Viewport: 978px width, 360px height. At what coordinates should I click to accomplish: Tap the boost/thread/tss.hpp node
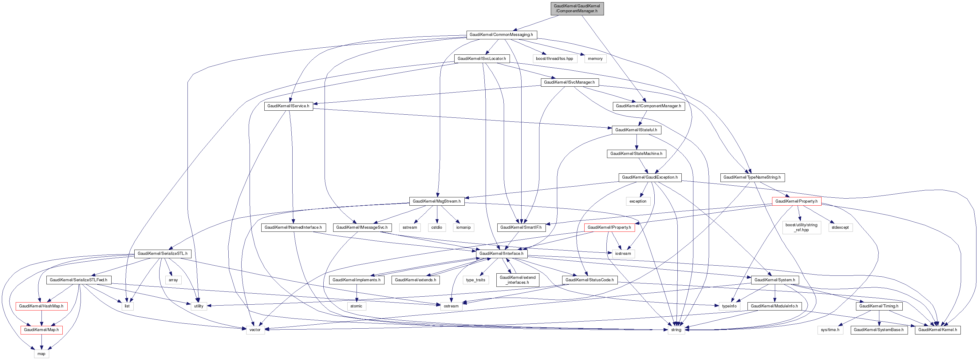tap(554, 58)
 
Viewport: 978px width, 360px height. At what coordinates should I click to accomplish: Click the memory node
tap(595, 58)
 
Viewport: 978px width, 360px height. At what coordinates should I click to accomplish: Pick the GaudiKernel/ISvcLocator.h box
tap(481, 58)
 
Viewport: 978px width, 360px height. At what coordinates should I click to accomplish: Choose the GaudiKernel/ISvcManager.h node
tap(569, 82)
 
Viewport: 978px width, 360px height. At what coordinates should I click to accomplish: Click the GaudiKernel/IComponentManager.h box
tap(648, 106)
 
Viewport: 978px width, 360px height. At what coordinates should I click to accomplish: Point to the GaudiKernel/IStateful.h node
tap(636, 130)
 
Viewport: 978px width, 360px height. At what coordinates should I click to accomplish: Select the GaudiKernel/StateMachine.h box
tap(636, 153)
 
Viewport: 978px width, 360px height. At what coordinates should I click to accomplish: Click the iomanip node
tap(463, 227)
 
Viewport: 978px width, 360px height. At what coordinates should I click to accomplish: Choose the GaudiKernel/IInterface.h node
tap(501, 253)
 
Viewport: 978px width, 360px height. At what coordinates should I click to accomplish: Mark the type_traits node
tap(475, 280)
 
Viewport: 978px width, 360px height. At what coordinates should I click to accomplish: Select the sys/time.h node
tap(830, 330)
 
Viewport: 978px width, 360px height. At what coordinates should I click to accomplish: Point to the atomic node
tap(356, 306)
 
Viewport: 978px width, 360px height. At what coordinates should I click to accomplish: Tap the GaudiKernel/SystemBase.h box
tap(878, 330)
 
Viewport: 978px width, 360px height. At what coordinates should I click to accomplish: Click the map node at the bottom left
tap(41, 354)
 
